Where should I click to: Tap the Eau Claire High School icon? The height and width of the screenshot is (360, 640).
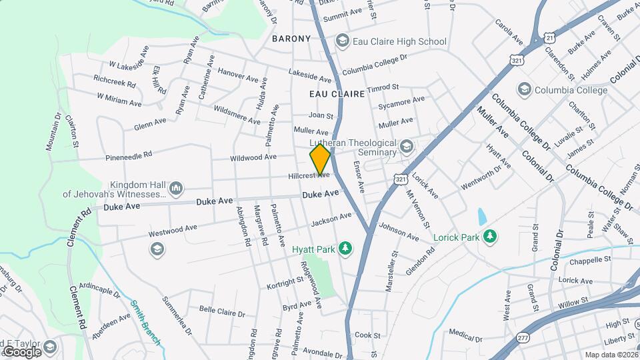coord(343,41)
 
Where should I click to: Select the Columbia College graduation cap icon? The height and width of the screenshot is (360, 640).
coord(525,90)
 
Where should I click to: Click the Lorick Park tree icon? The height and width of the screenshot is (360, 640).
coord(490,236)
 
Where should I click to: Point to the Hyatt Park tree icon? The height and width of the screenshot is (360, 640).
coord(345,249)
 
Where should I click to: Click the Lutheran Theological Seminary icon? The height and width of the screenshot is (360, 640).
coord(405,146)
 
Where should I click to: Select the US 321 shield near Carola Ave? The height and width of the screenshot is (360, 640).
coord(517,60)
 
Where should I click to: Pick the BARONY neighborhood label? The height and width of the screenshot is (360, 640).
coord(291,39)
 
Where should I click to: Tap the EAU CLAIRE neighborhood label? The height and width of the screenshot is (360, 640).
coord(337,95)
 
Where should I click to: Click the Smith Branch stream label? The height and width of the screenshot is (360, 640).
coord(145,323)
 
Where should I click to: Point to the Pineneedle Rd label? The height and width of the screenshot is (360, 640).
coord(129,157)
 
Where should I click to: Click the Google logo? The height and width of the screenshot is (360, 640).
coord(22,351)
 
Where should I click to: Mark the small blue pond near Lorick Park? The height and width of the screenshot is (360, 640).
coord(482,216)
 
